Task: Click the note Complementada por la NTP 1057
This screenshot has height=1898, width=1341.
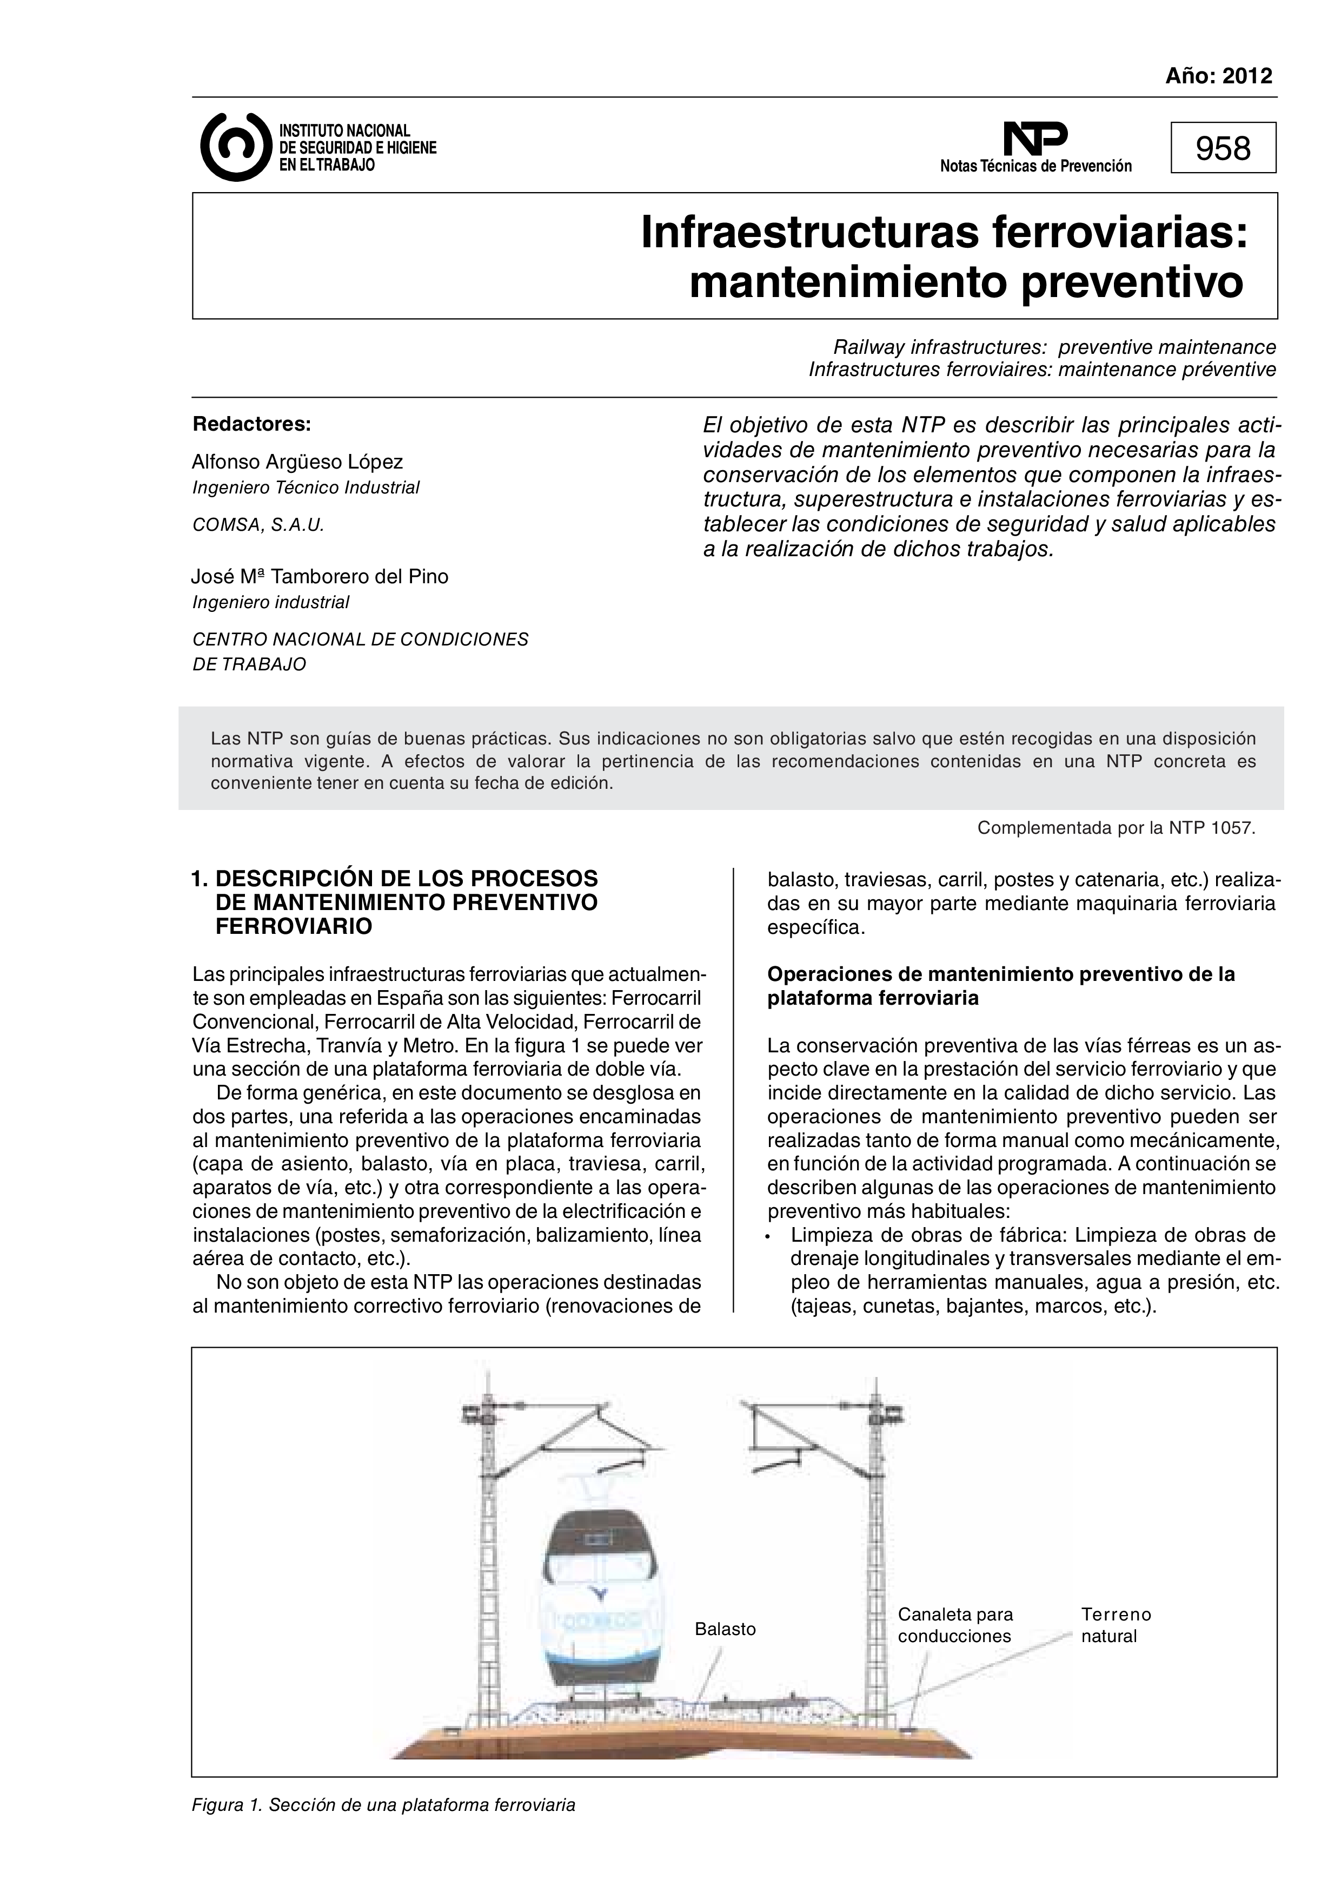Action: (1116, 827)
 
